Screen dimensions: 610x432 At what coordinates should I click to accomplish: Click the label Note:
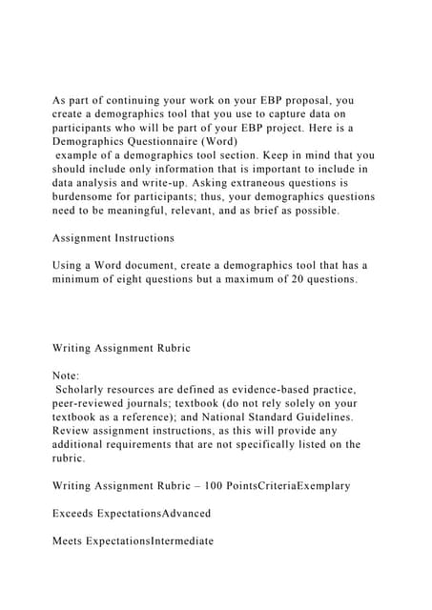pos(67,376)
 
